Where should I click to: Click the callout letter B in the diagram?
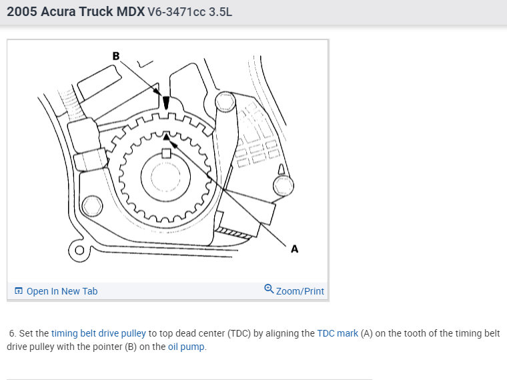pyautogui.click(x=116, y=56)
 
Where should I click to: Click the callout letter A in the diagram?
pyautogui.click(x=294, y=249)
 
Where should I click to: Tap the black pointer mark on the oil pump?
pyautogui.click(x=166, y=103)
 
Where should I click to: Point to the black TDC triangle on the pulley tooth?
pyautogui.click(x=166, y=137)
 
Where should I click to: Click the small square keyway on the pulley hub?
pyautogui.click(x=166, y=153)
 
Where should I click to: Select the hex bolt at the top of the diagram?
pyautogui.click(x=225, y=102)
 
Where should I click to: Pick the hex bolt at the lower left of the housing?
pyautogui.click(x=92, y=206)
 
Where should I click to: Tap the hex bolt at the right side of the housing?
pyautogui.click(x=284, y=186)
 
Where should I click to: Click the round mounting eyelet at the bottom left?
pyautogui.click(x=79, y=250)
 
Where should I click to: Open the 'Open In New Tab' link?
pyautogui.click(x=62, y=291)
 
